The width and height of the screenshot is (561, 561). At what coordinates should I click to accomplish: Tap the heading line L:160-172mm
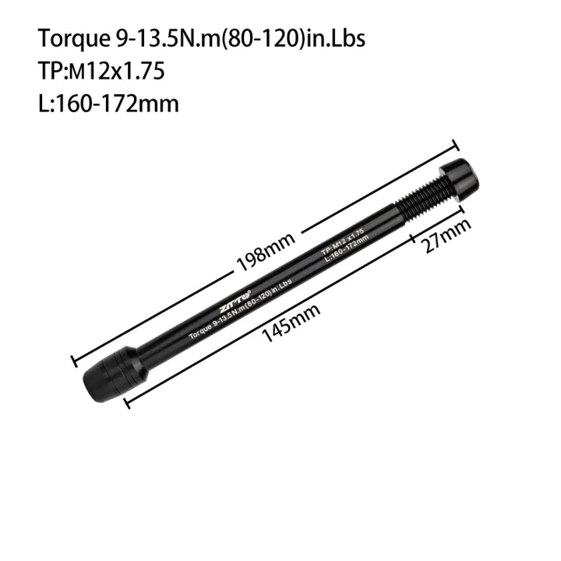coord(108,103)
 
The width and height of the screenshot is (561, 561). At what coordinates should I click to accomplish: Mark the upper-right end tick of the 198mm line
coord(454,144)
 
